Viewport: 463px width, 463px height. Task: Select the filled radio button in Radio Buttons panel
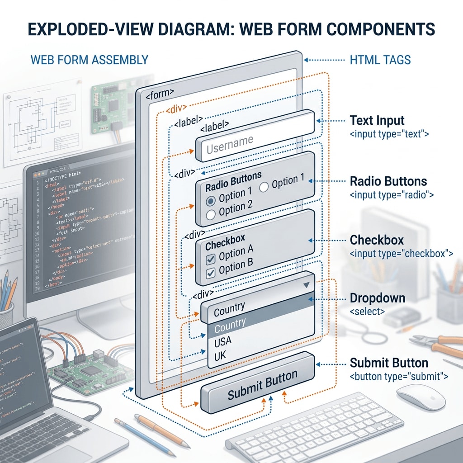pyautogui.click(x=211, y=200)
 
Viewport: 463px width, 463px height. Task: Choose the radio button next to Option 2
pyautogui.click(x=211, y=214)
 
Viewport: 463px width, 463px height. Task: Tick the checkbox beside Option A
pyautogui.click(x=211, y=259)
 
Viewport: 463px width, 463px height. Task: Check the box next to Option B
pyautogui.click(x=211, y=273)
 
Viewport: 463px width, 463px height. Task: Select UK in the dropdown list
pyautogui.click(x=220, y=356)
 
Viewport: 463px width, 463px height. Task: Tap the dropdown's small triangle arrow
pyautogui.click(x=307, y=285)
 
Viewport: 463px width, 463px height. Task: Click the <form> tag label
pyautogui.click(x=160, y=94)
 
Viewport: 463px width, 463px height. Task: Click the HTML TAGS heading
pyautogui.click(x=380, y=59)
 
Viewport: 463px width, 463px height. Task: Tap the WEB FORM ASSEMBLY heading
pyautogui.click(x=89, y=59)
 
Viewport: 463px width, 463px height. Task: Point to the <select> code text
pyautogui.click(x=368, y=312)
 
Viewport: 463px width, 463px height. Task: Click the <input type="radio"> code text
pyautogui.click(x=392, y=195)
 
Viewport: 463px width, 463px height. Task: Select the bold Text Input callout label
pyautogui.click(x=377, y=120)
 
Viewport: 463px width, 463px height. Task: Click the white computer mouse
pyautogui.click(x=420, y=397)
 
